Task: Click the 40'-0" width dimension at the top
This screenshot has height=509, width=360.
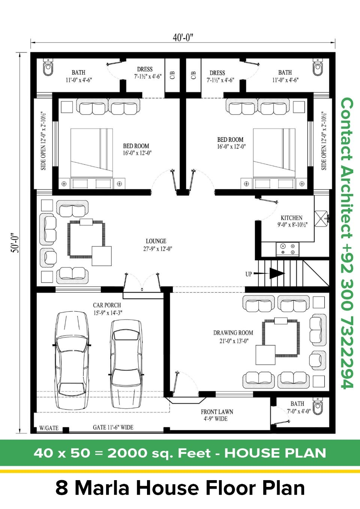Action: tap(183, 38)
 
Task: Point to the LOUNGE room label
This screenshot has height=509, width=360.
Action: tap(156, 241)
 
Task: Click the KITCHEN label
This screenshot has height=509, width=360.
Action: tap(291, 218)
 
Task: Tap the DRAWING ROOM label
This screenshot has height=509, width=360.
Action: tap(233, 333)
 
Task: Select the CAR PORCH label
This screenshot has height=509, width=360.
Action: tap(107, 305)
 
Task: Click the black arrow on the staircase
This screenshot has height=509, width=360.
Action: tap(277, 273)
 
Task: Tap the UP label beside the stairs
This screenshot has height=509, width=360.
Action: tap(249, 274)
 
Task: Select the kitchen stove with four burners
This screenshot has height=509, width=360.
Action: tap(288, 249)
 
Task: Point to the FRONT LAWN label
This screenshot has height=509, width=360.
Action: tap(217, 412)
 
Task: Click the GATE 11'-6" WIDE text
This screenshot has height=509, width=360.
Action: tap(113, 427)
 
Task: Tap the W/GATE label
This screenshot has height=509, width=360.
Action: tap(49, 428)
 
